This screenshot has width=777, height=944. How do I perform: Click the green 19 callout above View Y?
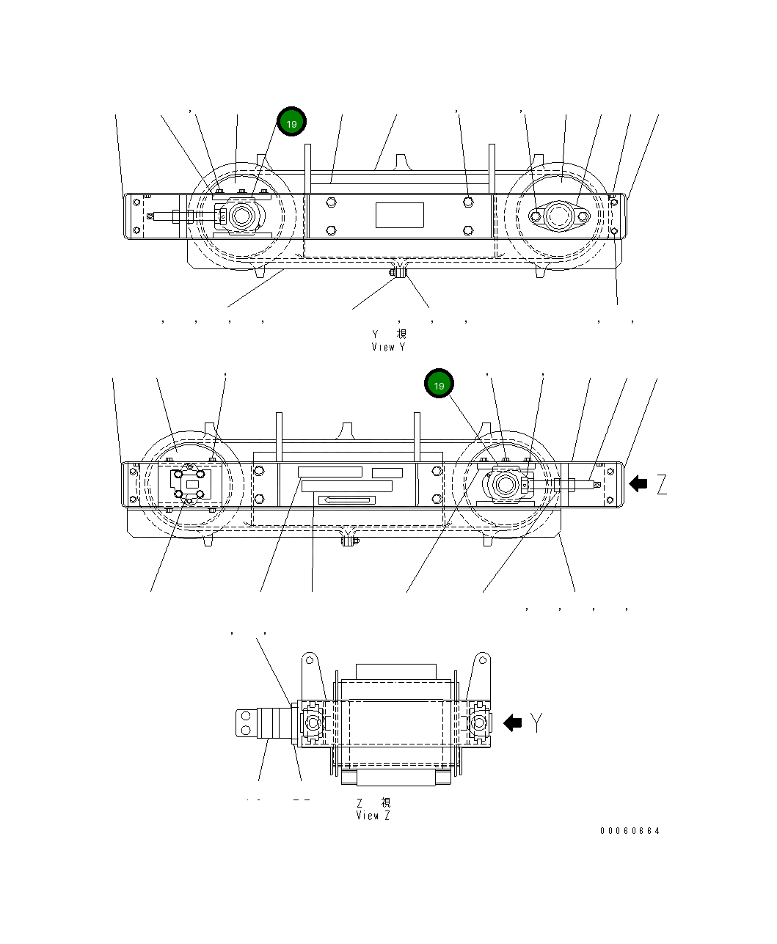click(291, 123)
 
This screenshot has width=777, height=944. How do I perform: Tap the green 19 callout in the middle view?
click(439, 385)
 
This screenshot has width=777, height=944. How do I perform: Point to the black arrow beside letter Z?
click(638, 483)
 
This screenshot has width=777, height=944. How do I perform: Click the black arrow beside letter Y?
click(512, 723)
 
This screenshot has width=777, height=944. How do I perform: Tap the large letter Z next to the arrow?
click(662, 484)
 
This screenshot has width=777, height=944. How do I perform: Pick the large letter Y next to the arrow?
click(537, 723)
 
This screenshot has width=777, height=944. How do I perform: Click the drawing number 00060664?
click(630, 831)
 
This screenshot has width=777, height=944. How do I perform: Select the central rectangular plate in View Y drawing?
click(400, 216)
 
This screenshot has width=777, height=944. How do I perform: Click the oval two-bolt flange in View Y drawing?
click(559, 216)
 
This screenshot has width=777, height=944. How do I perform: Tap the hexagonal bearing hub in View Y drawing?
click(240, 217)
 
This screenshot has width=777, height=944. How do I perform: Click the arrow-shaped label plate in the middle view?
click(346, 500)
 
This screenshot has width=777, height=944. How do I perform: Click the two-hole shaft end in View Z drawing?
click(245, 722)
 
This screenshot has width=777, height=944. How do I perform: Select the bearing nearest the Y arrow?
click(478, 723)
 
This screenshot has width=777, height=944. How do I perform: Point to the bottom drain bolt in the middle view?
click(349, 541)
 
